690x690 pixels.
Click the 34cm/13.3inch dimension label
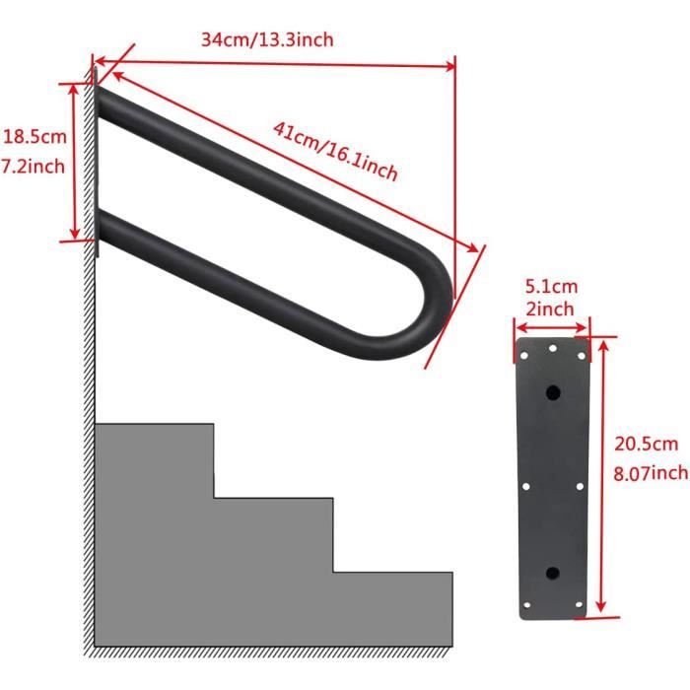267,39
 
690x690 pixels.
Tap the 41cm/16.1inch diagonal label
335,152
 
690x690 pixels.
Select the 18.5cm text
34,136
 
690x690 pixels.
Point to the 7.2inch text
33,167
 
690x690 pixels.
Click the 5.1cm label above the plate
551,287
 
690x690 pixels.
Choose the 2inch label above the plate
550,309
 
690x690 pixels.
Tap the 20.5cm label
646,444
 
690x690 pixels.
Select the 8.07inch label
651,473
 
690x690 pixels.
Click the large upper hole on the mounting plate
553,392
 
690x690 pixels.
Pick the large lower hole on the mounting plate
553,573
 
